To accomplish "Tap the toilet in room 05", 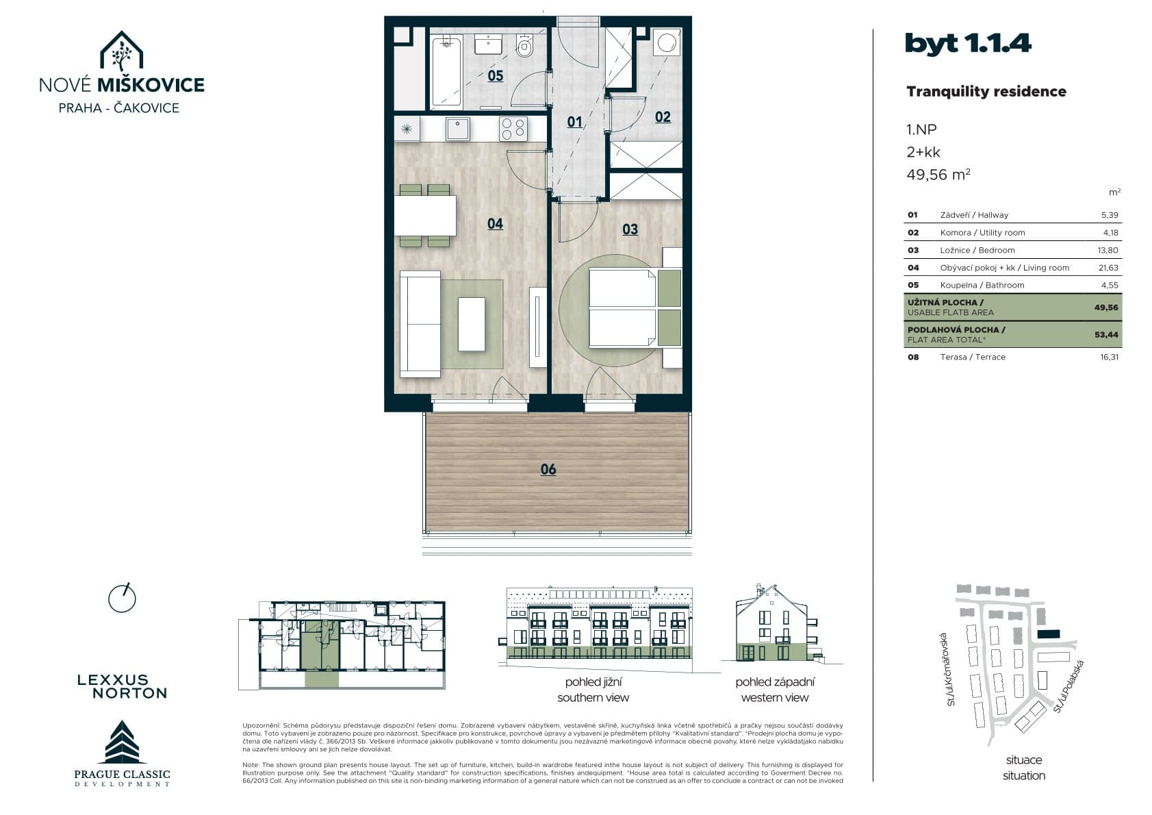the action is [x=524, y=47].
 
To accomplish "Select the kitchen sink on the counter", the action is [x=457, y=129].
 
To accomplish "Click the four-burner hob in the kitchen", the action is [x=513, y=129].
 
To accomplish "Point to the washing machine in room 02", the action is [x=667, y=42].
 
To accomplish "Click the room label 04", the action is [x=495, y=224].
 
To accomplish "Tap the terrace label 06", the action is [x=548, y=469].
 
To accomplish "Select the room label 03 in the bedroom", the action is [x=630, y=229].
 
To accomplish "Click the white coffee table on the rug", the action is [x=471, y=324].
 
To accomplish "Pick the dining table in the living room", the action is [x=425, y=216].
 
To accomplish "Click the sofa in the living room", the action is [x=420, y=324].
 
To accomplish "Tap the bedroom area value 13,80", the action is [x=1108, y=250].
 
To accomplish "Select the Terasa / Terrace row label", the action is [x=973, y=357].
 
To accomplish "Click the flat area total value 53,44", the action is [x=1106, y=334].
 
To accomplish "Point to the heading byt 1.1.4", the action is [x=968, y=43].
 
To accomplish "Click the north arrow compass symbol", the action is [x=122, y=599].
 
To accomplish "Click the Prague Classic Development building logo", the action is [x=122, y=742].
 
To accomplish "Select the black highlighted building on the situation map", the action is [x=1049, y=634].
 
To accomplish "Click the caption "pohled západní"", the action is [x=775, y=682].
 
